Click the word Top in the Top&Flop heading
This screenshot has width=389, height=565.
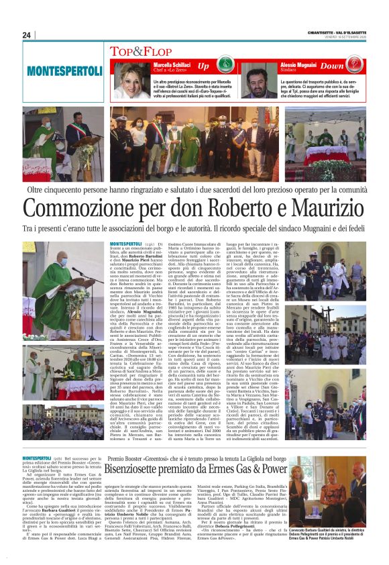click(121, 50)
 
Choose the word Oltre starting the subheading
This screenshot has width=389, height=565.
click(55, 191)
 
